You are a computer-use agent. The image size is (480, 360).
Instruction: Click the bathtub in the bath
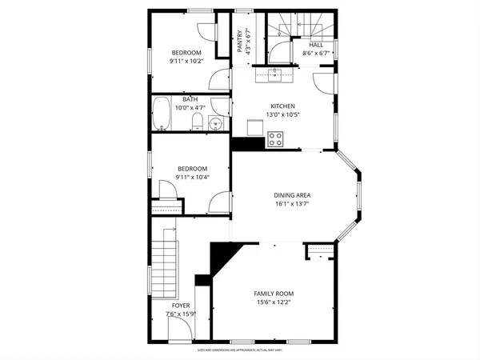(162, 114)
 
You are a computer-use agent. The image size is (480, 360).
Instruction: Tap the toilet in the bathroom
(197, 122)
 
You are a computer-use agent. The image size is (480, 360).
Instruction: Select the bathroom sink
(214, 122)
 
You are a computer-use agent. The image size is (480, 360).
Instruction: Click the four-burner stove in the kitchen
(276, 138)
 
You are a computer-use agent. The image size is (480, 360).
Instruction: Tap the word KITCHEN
(282, 106)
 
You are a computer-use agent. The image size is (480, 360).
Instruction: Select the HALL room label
(317, 45)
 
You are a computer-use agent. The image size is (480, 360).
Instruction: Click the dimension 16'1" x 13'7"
(292, 204)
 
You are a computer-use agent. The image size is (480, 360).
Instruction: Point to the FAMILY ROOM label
(274, 294)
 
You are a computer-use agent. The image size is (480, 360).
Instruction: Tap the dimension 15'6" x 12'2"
(274, 302)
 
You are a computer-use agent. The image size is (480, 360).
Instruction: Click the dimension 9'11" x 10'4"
(192, 177)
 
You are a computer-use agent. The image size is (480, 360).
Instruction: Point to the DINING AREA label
(292, 195)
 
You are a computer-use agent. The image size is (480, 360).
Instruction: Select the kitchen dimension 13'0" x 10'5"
(282, 115)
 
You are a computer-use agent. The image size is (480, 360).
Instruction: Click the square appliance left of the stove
(254, 128)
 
